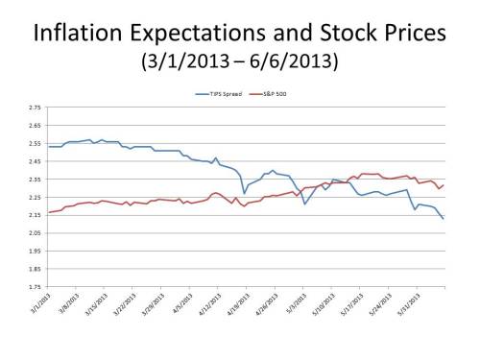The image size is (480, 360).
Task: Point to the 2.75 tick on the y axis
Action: click(x=35, y=108)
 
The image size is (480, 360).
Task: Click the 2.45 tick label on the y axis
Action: click(x=35, y=161)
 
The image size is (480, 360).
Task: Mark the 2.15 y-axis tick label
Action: click(x=35, y=215)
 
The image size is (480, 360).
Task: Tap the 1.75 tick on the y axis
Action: click(x=35, y=286)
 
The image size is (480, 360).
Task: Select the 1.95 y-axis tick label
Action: click(x=35, y=251)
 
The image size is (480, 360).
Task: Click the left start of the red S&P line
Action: click(x=47, y=212)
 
